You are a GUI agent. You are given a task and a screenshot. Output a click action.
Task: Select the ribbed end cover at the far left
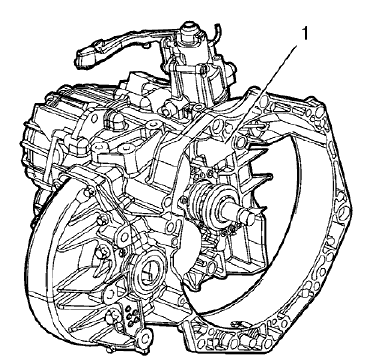pyautogui.click(x=40, y=150)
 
